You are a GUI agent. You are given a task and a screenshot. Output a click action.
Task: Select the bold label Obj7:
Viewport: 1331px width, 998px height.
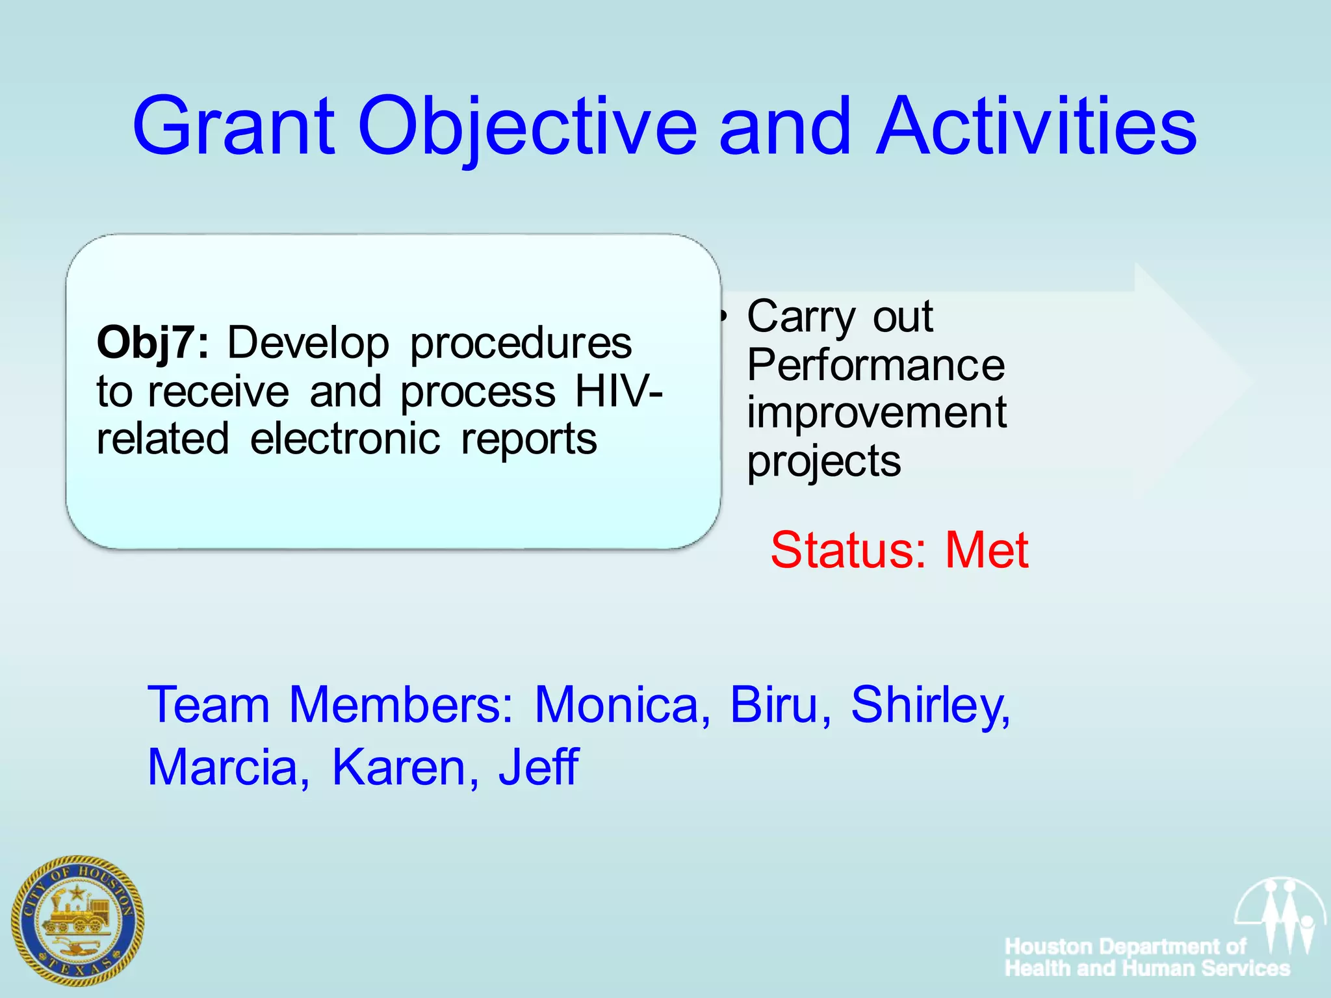(153, 342)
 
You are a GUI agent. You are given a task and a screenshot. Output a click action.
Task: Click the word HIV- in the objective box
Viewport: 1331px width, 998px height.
(619, 391)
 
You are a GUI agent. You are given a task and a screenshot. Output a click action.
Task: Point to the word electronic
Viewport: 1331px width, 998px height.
(344, 439)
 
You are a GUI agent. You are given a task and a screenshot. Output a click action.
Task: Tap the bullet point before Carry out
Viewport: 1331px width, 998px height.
(723, 316)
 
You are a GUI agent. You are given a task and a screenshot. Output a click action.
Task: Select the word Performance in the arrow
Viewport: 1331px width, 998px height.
(875, 365)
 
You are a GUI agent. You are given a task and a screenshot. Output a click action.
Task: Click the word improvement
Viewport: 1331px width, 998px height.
(876, 413)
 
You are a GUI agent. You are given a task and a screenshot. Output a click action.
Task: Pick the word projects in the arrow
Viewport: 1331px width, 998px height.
(823, 461)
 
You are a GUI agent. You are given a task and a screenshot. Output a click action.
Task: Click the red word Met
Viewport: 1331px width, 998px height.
(986, 550)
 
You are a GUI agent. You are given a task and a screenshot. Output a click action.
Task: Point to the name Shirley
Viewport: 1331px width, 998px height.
(930, 706)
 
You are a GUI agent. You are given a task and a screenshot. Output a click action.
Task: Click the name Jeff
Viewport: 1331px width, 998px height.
(538, 767)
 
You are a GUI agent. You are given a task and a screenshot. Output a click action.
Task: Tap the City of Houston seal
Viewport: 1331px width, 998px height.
(77, 920)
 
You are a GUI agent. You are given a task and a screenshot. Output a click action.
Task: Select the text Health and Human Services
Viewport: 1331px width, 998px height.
(1147, 968)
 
